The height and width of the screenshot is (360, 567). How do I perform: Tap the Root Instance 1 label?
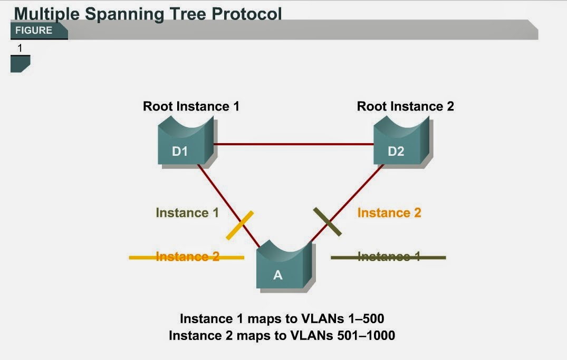click(x=191, y=106)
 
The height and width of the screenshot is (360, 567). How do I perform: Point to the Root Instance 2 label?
click(x=405, y=106)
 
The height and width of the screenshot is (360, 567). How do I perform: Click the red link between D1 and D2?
click(x=293, y=143)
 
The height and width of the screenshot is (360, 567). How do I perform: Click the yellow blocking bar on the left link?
click(x=240, y=225)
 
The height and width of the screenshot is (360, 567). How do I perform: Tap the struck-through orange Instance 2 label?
click(x=187, y=257)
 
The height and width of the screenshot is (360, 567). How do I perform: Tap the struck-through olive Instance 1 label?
click(x=389, y=257)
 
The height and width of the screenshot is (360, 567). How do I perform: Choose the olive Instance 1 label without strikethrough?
click(x=187, y=213)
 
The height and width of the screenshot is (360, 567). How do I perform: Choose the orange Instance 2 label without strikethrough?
click(x=389, y=213)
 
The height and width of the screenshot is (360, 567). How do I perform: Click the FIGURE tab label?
click(x=34, y=31)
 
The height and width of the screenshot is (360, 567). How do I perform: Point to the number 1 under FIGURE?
click(x=20, y=48)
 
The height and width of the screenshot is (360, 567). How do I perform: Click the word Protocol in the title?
click(x=247, y=13)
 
